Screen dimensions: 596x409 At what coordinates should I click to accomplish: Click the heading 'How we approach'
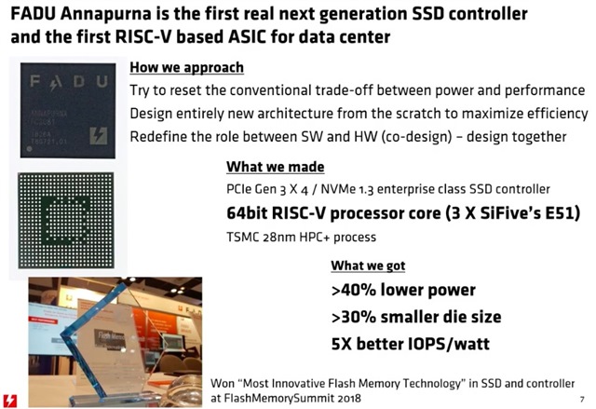[186, 68]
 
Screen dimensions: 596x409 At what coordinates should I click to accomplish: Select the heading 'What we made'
[276, 167]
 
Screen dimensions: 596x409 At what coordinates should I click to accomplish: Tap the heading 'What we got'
[368, 266]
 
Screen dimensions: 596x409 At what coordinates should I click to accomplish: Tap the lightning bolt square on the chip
[99, 136]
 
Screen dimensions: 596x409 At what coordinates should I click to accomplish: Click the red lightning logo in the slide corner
[10, 401]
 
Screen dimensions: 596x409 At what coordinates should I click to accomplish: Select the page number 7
[582, 400]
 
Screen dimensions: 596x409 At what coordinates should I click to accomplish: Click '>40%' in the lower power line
[353, 290]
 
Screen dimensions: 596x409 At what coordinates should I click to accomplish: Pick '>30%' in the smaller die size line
[353, 317]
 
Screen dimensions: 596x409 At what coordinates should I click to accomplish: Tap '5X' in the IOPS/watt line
[341, 344]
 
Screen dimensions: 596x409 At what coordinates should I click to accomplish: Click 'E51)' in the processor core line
[562, 213]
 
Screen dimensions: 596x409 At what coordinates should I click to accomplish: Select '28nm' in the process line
[278, 238]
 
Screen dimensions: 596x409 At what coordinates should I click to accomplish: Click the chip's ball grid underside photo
[66, 221]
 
